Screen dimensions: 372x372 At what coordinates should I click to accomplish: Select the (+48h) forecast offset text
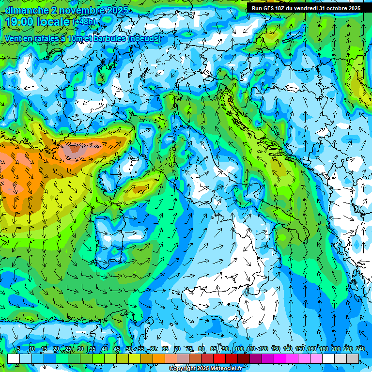pos(84,22)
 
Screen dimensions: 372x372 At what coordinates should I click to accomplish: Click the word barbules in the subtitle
pos(107,38)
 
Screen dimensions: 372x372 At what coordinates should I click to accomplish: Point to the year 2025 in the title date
pos(118,10)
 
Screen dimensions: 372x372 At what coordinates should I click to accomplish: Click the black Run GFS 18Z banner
pos(306,8)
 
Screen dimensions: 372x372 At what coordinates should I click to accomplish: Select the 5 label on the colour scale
pos(18,349)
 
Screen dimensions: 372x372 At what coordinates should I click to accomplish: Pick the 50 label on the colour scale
pos(128,349)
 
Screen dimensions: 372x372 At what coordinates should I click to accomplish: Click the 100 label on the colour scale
pos(239,349)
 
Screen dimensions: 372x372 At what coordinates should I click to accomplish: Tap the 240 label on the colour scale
pos(360,349)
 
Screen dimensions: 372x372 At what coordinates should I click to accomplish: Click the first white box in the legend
pos(14,358)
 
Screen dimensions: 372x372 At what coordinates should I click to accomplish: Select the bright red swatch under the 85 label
pos(219,358)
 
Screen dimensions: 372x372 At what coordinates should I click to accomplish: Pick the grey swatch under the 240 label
pos(353,358)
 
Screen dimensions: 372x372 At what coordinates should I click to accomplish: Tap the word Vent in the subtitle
pos(14,38)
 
